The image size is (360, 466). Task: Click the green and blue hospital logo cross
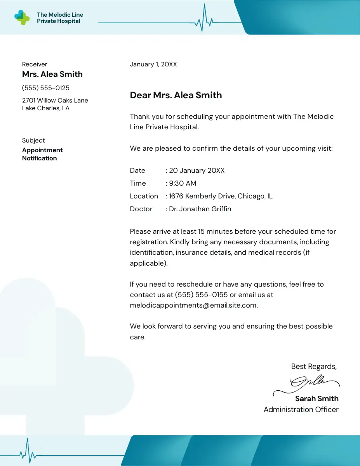click(x=22, y=17)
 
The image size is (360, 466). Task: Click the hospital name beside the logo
click(x=60, y=18)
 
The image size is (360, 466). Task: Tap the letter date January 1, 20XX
click(x=153, y=64)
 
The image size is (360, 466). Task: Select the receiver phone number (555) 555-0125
click(x=46, y=88)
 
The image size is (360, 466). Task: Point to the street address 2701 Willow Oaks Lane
click(x=55, y=101)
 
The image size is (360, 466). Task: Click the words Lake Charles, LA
click(x=46, y=108)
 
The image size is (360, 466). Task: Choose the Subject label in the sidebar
click(x=33, y=141)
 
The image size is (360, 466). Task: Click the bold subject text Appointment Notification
click(x=42, y=154)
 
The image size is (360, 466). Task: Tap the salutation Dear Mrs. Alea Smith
click(x=176, y=95)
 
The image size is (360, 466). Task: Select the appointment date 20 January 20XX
click(x=197, y=170)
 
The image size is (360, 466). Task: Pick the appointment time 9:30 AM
click(x=183, y=183)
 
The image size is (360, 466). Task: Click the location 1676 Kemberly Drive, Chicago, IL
click(x=221, y=196)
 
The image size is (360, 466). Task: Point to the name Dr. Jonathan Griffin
click(x=200, y=209)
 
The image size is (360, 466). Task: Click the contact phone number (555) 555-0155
click(x=201, y=295)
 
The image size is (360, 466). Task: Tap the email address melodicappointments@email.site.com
click(x=193, y=305)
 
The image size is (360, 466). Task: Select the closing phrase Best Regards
click(x=314, y=367)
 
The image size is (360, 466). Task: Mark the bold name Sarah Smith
click(x=317, y=399)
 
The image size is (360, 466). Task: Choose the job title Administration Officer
click(x=301, y=410)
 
